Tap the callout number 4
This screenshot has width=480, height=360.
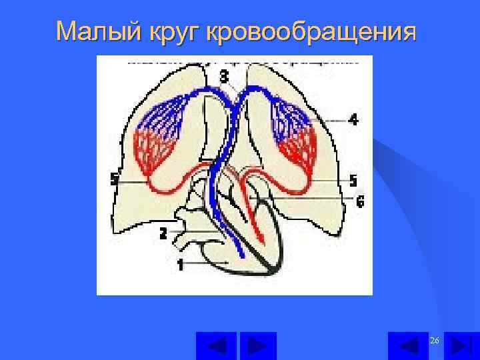353,120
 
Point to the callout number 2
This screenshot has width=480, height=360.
163,233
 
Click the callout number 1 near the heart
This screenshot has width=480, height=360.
180,265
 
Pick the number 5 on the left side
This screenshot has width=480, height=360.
114,179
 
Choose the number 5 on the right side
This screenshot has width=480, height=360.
353,181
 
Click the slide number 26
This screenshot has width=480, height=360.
435,341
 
